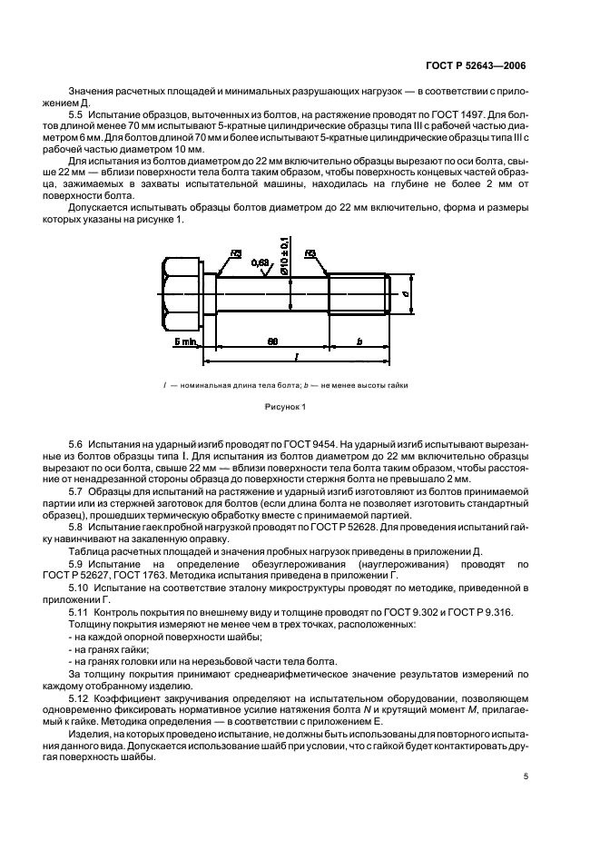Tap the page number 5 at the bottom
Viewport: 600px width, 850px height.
point(526,776)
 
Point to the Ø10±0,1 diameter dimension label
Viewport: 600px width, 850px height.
point(285,254)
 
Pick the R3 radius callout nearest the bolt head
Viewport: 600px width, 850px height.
point(235,254)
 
